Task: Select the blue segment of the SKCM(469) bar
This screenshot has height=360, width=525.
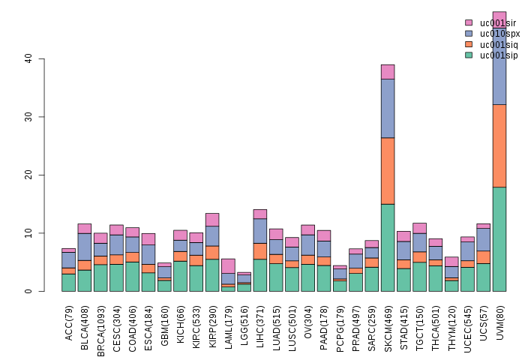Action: (388, 109)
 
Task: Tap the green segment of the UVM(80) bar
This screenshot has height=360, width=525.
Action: (499, 238)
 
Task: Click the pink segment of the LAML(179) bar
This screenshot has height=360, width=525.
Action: (228, 265)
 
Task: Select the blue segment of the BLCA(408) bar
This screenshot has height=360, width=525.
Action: (84, 247)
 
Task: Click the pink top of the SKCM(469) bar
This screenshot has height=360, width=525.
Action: (388, 72)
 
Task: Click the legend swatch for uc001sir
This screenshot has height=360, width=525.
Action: (469, 23)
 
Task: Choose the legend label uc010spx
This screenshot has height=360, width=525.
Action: (499, 34)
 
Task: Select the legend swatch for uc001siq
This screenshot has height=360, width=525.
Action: (469, 44)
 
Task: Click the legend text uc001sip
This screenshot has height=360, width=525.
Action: (499, 55)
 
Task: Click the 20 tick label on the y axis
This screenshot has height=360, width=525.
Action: (28, 175)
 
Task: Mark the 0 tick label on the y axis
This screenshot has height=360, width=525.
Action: (31, 291)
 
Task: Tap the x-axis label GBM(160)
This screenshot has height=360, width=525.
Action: (165, 323)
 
